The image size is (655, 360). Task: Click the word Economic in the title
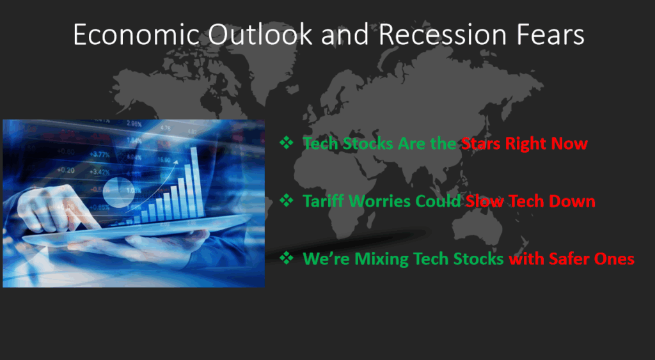pos(136,35)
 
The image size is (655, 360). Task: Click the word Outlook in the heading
pos(260,35)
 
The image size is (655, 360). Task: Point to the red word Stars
pos(481,144)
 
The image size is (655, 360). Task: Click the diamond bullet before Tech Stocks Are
pos(287,143)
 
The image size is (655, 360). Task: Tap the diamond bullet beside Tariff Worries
pos(287,200)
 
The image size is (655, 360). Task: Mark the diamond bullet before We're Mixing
pos(287,258)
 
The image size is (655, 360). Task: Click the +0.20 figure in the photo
pos(66,170)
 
